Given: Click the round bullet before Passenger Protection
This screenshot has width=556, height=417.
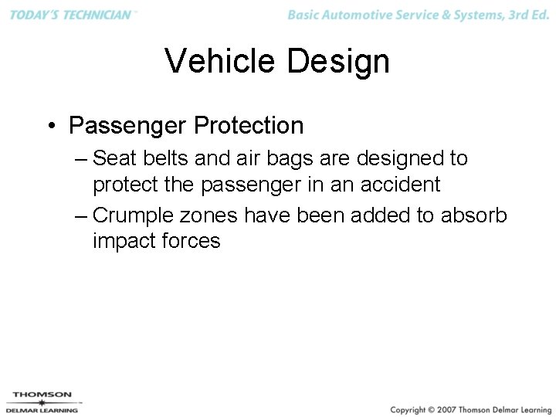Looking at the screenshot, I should (49, 125).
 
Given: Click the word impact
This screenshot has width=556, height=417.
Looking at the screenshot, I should (124, 241).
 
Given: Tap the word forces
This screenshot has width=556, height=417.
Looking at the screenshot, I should (191, 241).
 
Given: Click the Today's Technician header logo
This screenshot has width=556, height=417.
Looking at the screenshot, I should (69, 15).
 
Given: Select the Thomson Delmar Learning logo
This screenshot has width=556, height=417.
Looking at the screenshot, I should (42, 402).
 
